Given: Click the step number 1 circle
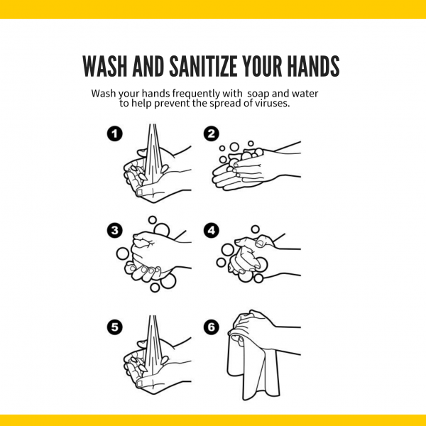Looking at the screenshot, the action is [x=114, y=133].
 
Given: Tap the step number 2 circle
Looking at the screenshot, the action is [x=212, y=133].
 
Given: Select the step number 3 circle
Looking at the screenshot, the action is [x=114, y=230].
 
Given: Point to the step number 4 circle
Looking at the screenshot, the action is [x=212, y=230].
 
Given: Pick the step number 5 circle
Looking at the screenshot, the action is [x=114, y=327].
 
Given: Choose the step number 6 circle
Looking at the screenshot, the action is [x=212, y=327].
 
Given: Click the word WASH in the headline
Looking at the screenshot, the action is [x=105, y=66].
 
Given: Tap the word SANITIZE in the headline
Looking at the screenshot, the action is [x=204, y=66].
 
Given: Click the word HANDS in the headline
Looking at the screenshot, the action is [x=314, y=66].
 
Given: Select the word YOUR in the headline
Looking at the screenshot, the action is [x=263, y=66].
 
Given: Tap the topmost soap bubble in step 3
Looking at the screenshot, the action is [x=153, y=220].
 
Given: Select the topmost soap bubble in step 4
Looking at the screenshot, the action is [x=255, y=229].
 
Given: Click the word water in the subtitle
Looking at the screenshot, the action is [x=305, y=94].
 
